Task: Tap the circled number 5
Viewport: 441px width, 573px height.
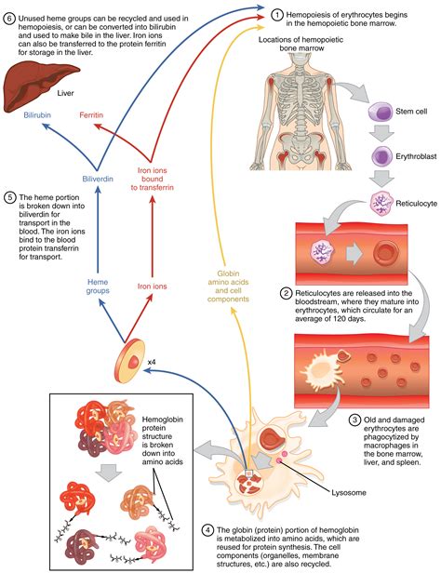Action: (11, 198)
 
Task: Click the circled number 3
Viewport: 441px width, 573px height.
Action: (354, 420)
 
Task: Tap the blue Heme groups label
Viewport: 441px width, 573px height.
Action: (99, 287)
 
